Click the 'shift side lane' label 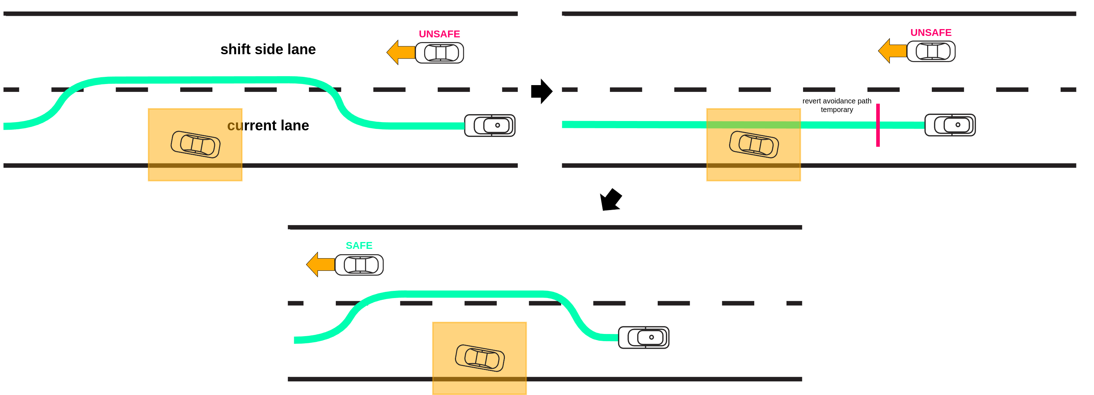tap(268, 49)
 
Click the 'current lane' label tap(268, 125)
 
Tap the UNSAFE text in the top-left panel tap(439, 34)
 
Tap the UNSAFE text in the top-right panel tap(930, 33)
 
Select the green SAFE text tap(359, 245)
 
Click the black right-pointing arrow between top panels tap(541, 91)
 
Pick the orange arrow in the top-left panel tap(400, 52)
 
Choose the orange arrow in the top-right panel tap(892, 51)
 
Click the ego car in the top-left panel tap(490, 125)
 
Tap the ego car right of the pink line tap(950, 125)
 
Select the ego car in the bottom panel tap(643, 338)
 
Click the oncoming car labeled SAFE tap(359, 265)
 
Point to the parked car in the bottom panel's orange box tap(480, 358)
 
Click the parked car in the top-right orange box tap(754, 145)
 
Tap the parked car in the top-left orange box tap(195, 145)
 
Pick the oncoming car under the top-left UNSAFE tap(440, 53)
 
